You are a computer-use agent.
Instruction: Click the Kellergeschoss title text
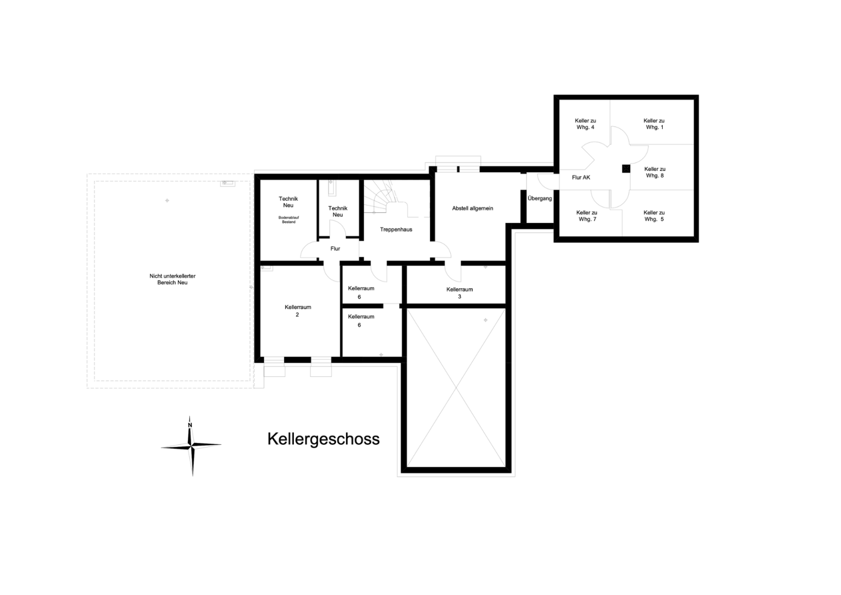(x=323, y=439)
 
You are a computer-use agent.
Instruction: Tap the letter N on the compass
(x=190, y=425)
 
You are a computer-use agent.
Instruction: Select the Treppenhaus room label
(x=396, y=230)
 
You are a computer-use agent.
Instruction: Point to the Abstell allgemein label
(x=473, y=208)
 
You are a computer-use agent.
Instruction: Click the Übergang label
(x=540, y=198)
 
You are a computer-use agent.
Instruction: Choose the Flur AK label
(x=581, y=178)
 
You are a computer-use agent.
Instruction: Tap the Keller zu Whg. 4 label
(x=585, y=124)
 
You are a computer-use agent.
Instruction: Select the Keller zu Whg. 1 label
(x=654, y=124)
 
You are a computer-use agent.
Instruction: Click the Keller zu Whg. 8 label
(x=655, y=173)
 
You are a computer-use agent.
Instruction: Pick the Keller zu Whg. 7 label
(x=587, y=216)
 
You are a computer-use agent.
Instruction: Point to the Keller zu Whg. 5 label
(x=654, y=216)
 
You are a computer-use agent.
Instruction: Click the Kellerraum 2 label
(x=298, y=311)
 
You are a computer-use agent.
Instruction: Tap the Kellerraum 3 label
(x=460, y=293)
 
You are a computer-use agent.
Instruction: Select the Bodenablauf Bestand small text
(x=288, y=220)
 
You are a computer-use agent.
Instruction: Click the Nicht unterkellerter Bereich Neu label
(x=172, y=279)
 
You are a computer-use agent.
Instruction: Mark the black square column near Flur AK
(x=626, y=169)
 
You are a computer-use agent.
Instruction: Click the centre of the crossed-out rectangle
(x=456, y=388)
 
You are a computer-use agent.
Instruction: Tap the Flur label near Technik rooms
(x=335, y=249)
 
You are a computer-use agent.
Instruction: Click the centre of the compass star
(x=192, y=445)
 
